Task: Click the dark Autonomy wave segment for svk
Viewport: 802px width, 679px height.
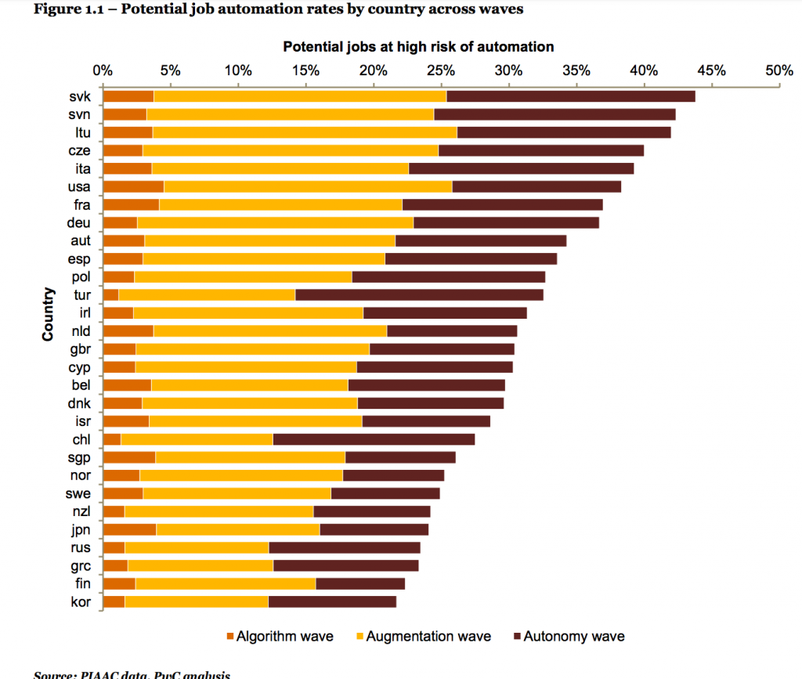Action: tap(570, 96)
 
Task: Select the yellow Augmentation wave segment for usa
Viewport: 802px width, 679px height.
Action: tap(308, 186)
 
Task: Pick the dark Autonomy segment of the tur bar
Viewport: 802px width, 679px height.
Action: tap(419, 294)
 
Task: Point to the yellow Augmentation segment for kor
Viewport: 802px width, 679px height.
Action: tap(196, 601)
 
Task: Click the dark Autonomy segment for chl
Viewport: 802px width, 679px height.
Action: tap(374, 439)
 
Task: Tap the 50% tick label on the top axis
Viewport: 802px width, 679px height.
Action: tap(779, 70)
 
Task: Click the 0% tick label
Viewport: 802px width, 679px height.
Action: tap(103, 70)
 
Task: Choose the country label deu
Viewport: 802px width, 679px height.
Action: tap(80, 222)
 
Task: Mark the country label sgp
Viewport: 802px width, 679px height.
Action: tap(79, 457)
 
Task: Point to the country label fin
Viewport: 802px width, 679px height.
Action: tap(82, 583)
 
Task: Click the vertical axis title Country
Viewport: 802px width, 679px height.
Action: tap(49, 313)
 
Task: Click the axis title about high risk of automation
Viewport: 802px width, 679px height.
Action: tap(418, 47)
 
